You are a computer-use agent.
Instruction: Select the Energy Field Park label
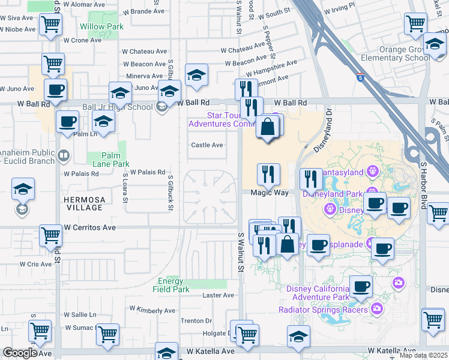[173, 285]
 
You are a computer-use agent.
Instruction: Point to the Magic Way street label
[269, 193]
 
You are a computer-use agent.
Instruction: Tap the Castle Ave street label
[207, 145]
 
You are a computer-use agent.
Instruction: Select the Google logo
[20, 353]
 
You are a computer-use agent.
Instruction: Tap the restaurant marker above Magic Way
[268, 175]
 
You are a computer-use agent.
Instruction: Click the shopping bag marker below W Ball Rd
[267, 127]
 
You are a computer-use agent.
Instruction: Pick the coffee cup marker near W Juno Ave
[55, 91]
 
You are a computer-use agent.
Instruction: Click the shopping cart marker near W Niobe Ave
[51, 25]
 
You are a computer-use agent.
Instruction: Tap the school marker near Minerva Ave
[196, 75]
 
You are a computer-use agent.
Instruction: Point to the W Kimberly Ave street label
[152, 310]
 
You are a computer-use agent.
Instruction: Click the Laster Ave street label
[218, 295]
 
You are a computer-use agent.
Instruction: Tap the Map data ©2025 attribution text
[424, 355]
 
